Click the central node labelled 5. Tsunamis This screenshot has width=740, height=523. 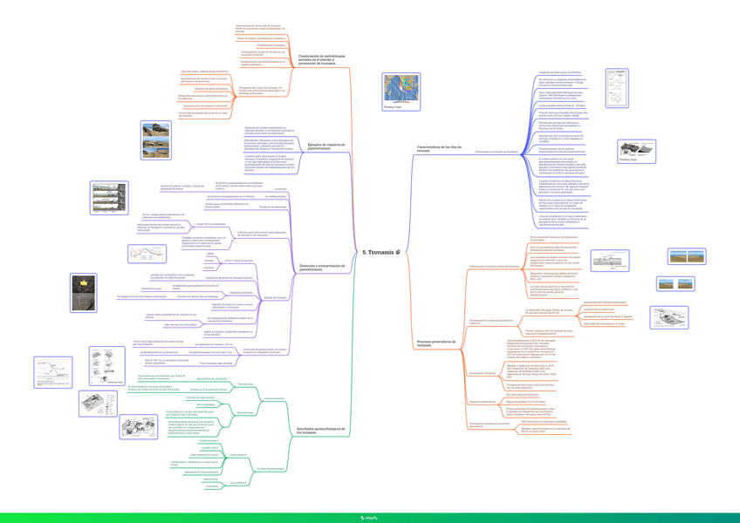380,252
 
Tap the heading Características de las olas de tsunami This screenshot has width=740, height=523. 437,149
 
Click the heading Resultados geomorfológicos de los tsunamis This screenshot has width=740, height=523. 320,431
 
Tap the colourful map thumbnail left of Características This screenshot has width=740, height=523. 401,91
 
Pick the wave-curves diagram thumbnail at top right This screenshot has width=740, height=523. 616,88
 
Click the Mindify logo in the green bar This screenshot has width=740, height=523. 370,518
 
